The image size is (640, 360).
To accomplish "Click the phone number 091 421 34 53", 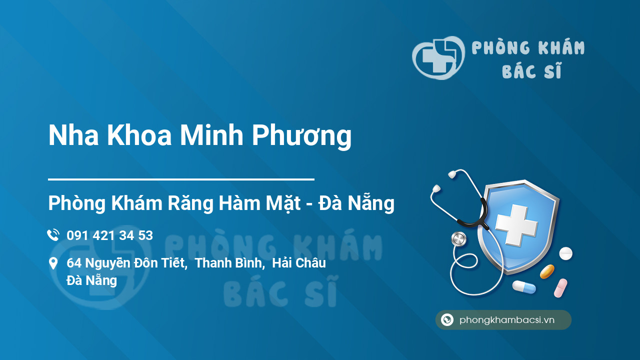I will (x=109, y=235).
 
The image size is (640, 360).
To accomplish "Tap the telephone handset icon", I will (x=53, y=235).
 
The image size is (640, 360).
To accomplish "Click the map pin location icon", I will (x=53, y=263).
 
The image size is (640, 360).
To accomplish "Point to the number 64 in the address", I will (x=74, y=263).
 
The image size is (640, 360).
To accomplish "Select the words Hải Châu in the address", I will (x=299, y=263).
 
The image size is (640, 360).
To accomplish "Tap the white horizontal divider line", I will (x=181, y=179).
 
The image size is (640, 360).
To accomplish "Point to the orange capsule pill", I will (x=547, y=271).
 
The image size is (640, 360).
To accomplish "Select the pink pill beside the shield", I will (x=560, y=288).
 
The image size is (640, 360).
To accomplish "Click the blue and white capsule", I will (x=523, y=287).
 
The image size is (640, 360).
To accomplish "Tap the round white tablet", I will (x=565, y=253).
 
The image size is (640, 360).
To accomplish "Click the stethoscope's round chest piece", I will (x=458, y=239).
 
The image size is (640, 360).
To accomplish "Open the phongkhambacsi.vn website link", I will (x=506, y=320).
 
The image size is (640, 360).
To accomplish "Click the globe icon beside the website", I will (x=447, y=320).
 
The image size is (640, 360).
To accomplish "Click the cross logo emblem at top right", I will (x=437, y=58).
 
